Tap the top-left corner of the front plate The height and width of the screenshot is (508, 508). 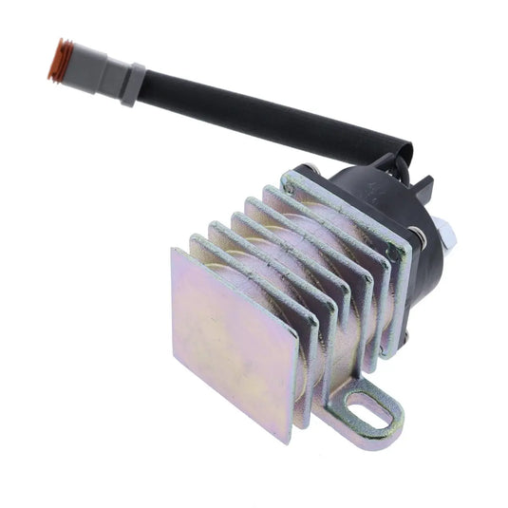(x=174, y=251)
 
